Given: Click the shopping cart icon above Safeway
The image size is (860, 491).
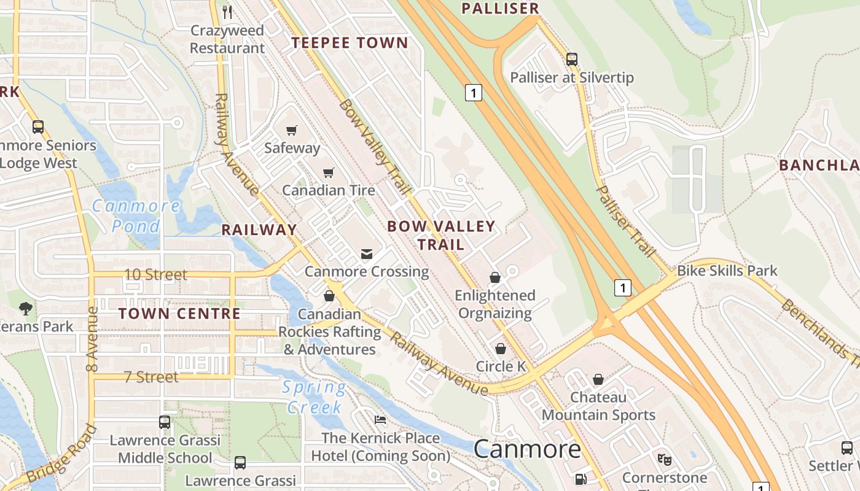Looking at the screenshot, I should [x=292, y=130].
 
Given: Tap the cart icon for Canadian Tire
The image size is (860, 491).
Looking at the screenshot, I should [x=329, y=173].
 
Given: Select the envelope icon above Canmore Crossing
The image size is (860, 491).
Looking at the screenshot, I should [x=367, y=254].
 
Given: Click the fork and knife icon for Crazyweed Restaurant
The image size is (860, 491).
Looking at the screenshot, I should [x=227, y=12].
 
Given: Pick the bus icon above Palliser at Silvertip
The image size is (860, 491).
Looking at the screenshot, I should [x=572, y=60].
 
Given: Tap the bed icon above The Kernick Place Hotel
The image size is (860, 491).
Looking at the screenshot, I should [x=381, y=420].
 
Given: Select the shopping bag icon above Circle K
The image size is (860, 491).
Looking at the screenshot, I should [x=501, y=349].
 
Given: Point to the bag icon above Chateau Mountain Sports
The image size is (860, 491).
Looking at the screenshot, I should [x=598, y=380].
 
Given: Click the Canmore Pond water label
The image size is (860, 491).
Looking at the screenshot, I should [x=136, y=215].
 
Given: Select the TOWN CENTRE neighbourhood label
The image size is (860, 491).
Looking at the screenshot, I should [x=179, y=314].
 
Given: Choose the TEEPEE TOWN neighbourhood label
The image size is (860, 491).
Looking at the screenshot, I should [x=350, y=42].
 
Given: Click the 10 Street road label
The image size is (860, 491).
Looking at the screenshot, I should [x=156, y=274].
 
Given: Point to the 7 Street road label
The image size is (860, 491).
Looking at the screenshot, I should [x=152, y=377].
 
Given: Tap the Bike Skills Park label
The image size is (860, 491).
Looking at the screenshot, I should [x=727, y=271].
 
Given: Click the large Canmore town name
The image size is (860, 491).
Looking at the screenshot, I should [x=527, y=449].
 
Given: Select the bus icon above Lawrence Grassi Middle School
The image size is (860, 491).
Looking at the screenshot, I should [x=165, y=422].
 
